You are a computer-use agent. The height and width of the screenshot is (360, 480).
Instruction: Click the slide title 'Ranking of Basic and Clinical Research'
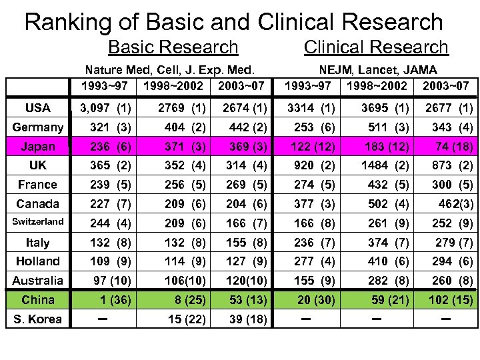(233, 22)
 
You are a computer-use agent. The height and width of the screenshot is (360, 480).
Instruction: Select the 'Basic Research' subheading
(173, 47)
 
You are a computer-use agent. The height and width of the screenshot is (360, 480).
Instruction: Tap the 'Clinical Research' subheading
(376, 47)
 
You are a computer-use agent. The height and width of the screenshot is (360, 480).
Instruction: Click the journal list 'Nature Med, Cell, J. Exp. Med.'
(171, 69)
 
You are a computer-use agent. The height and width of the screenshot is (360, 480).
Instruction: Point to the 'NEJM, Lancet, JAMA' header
(377, 69)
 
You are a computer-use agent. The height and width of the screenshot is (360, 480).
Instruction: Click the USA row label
(37, 107)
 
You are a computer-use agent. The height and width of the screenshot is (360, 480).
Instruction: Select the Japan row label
(38, 146)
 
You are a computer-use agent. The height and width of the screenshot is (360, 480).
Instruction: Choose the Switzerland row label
(38, 222)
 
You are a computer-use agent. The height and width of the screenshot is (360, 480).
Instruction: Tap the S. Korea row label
(37, 319)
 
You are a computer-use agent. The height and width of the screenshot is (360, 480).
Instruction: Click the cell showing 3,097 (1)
(105, 108)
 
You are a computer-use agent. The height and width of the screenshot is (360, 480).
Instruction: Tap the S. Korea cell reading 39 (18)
(245, 319)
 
